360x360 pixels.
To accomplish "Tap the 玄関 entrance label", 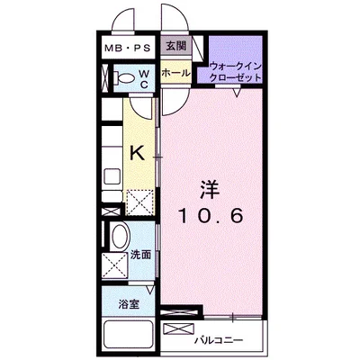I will (174, 44).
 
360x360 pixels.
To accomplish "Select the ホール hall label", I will (175, 73).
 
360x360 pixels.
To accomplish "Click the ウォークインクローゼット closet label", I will (236, 71).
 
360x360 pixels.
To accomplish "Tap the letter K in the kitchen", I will (137, 152).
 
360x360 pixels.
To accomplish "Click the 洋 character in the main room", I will (209, 191).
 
